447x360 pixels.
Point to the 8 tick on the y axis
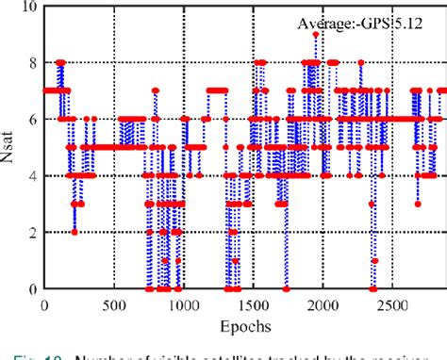pyautogui.click(x=33, y=63)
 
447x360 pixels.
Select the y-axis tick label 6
pyautogui.click(x=33, y=120)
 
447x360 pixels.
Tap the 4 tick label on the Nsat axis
pyautogui.click(x=33, y=175)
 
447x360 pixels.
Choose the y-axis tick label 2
pyautogui.click(x=33, y=232)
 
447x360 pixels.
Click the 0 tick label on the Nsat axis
pyautogui.click(x=33, y=288)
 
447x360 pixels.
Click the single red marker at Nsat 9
pyautogui.click(x=316, y=35)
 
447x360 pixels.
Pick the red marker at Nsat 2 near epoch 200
pyautogui.click(x=74, y=232)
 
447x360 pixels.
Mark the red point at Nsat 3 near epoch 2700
pyautogui.click(x=418, y=204)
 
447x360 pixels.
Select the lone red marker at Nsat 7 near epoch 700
pyautogui.click(x=148, y=91)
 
